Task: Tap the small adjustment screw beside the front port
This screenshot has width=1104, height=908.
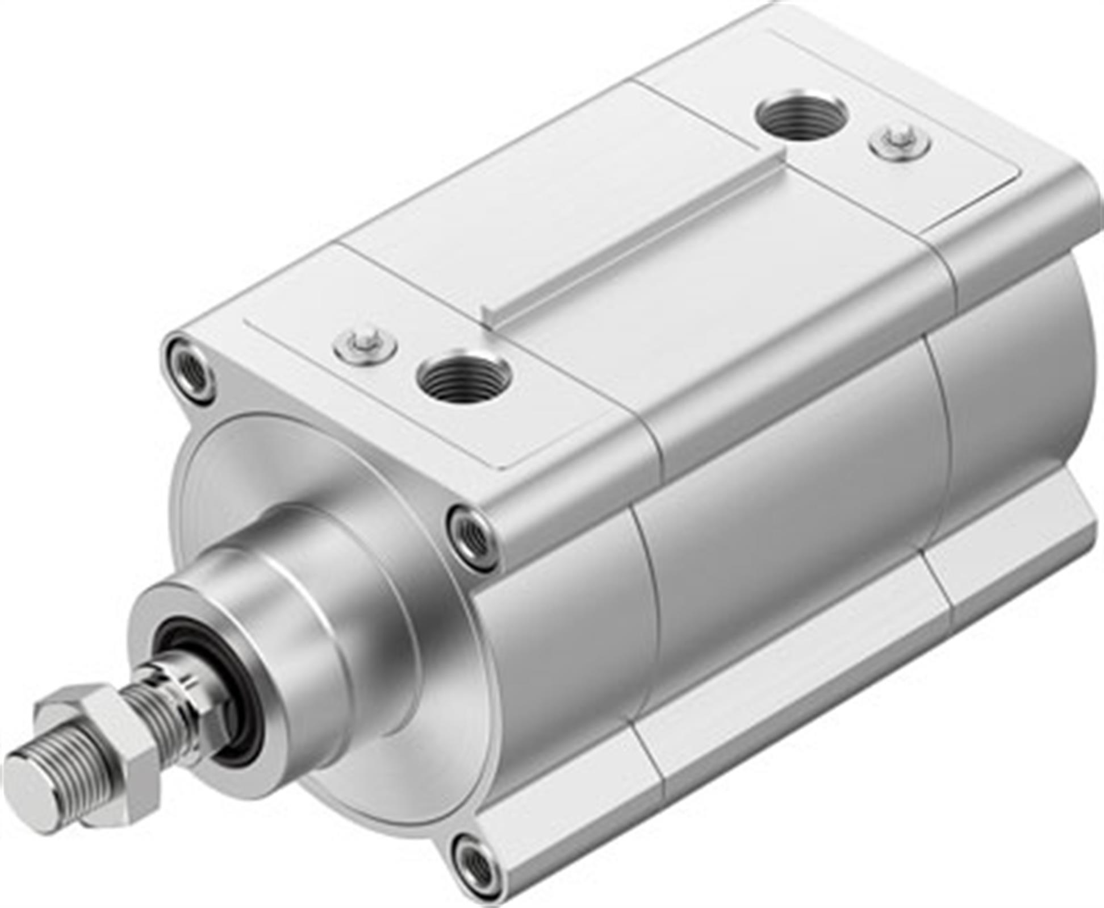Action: (x=365, y=345)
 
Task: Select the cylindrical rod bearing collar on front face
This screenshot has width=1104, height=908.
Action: (x=295, y=602)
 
